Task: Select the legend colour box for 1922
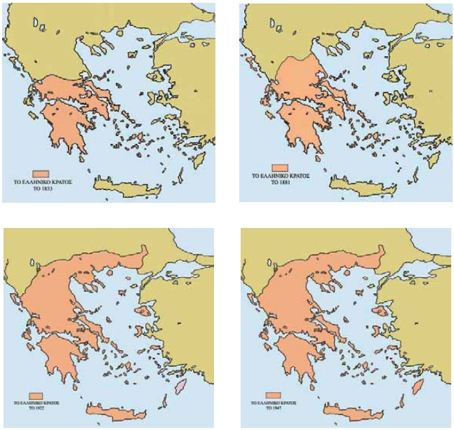click(x=36, y=396)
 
